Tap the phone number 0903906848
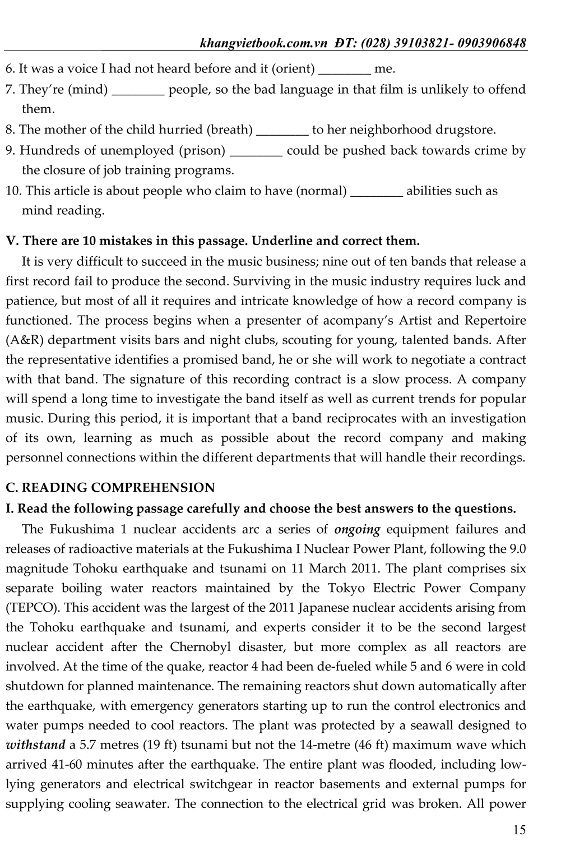[492, 43]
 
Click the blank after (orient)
[344, 70]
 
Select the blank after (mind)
[138, 90]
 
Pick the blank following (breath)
[282, 131]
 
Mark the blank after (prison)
[256, 151]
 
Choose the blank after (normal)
[376, 192]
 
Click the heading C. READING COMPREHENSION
[110, 488]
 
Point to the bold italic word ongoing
[357, 529]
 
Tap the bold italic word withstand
[35, 745]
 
